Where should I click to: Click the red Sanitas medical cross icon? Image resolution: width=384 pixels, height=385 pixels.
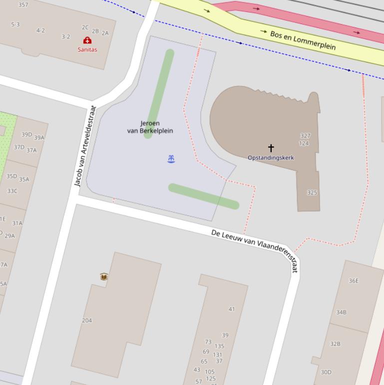click(87, 40)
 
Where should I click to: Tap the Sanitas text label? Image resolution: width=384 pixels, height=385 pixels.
click(87, 49)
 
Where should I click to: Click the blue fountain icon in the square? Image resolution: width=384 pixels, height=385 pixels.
click(171, 159)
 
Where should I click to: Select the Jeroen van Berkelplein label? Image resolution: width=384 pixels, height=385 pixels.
click(150, 127)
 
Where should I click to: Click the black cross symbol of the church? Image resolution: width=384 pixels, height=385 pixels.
click(271, 148)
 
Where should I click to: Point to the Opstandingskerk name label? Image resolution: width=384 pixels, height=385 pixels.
click(271, 157)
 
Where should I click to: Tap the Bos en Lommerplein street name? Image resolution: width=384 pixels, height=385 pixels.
click(303, 40)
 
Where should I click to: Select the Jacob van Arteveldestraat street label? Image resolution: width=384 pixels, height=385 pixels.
click(84, 145)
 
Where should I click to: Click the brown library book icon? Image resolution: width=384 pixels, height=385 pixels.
click(104, 276)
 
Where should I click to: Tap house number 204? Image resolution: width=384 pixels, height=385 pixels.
click(87, 320)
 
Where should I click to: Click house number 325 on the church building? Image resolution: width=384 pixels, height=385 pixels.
click(312, 192)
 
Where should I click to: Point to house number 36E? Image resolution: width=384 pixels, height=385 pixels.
click(354, 280)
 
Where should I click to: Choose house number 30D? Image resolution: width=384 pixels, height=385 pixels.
click(326, 372)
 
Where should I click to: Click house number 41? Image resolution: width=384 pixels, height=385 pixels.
click(231, 309)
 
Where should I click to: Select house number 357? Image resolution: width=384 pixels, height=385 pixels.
click(23, 5)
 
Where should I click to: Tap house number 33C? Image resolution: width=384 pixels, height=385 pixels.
click(12, 191)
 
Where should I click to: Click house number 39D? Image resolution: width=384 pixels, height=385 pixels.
click(26, 134)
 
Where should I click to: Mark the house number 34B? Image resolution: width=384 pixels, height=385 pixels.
click(341, 312)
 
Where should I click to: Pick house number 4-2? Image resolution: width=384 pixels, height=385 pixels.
click(40, 30)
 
